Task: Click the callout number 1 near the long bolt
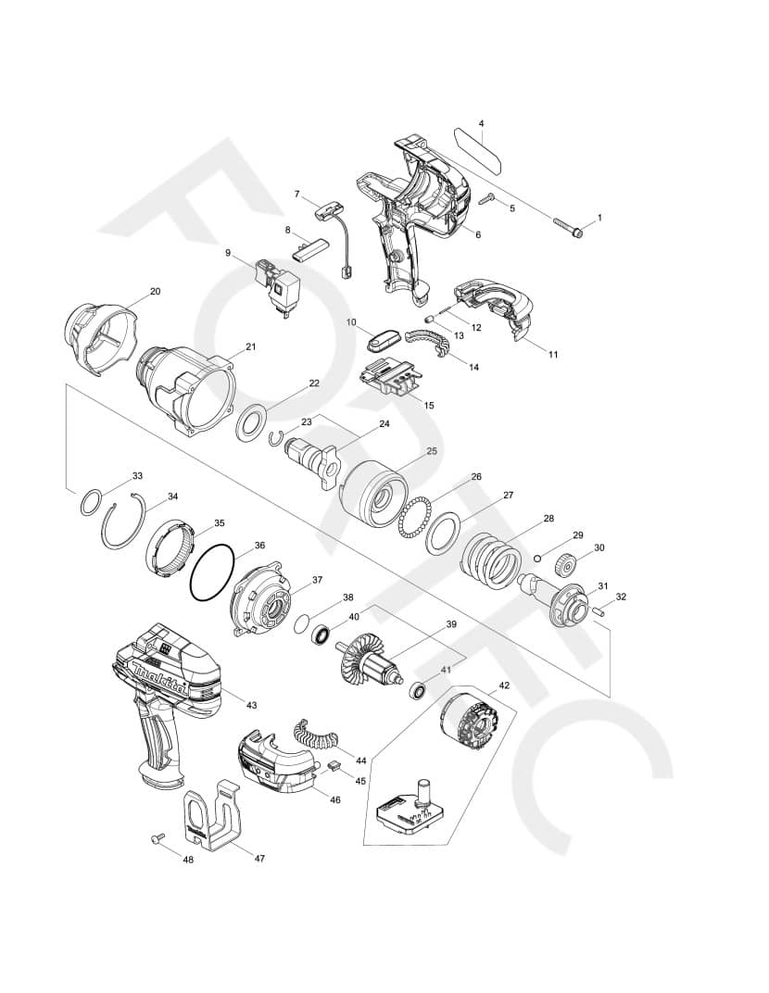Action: click(x=599, y=218)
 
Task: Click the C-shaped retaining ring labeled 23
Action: click(x=277, y=438)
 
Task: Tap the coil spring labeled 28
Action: click(x=493, y=559)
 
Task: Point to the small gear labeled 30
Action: click(x=567, y=565)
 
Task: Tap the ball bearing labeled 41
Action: click(x=418, y=690)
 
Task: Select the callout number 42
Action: click(x=504, y=685)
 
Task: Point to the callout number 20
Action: click(x=155, y=291)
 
